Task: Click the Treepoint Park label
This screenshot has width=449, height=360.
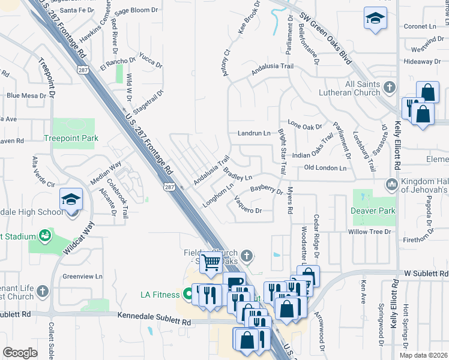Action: pos(71,138)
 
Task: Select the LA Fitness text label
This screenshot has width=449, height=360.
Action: pos(160,295)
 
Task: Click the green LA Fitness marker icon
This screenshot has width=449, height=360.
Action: pos(188,295)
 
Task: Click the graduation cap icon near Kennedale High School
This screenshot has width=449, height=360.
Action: pos(71,199)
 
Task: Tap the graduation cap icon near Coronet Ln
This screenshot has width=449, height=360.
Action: pos(375,19)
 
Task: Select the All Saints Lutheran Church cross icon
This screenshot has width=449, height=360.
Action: pos(390,87)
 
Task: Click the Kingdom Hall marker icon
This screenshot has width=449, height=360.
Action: pos(392,184)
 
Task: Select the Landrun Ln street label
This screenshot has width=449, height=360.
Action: pos(254,133)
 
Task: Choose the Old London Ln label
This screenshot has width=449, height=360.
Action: pos(325,168)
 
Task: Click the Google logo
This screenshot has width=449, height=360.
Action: pos(20,353)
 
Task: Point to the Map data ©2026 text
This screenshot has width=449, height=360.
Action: pos(423,355)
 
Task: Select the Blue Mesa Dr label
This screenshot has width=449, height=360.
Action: pos(26,95)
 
